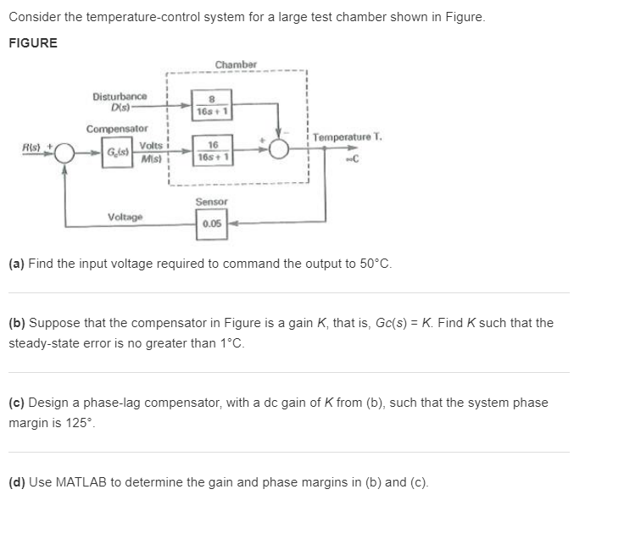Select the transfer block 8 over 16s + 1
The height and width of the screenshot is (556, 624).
(x=209, y=105)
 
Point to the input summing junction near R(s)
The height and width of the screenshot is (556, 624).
(x=66, y=153)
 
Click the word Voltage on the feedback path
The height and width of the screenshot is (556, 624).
(x=125, y=217)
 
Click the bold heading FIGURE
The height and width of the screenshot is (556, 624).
(x=33, y=43)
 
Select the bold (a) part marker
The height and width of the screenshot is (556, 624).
(x=16, y=264)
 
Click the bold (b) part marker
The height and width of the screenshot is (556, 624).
(x=16, y=323)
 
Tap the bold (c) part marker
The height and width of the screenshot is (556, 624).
(x=16, y=403)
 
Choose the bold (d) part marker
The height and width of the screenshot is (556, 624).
(x=16, y=482)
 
